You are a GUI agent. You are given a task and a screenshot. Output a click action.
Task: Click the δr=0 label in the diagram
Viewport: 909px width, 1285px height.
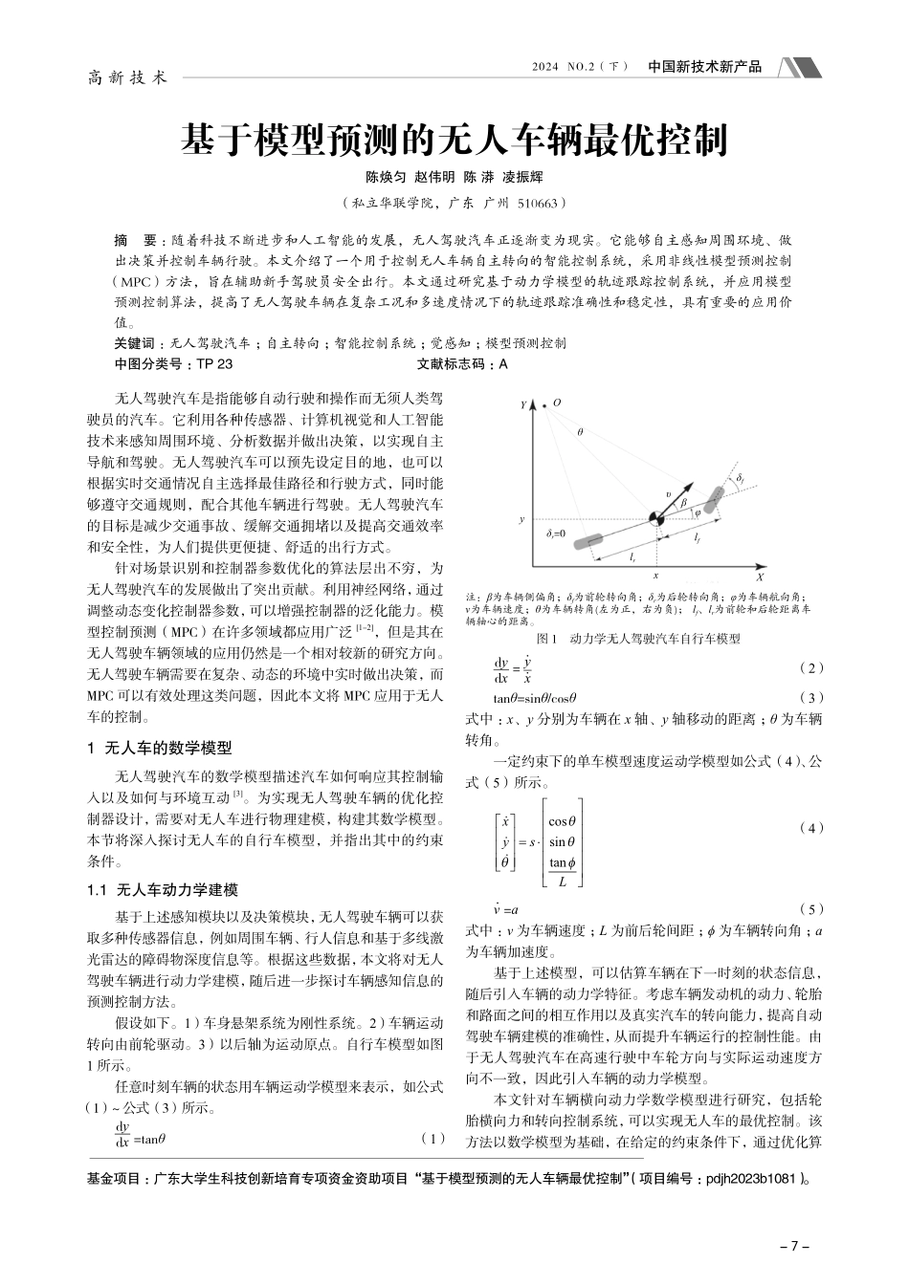point(556,533)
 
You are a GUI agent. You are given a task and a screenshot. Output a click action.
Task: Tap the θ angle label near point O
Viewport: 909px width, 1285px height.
point(579,432)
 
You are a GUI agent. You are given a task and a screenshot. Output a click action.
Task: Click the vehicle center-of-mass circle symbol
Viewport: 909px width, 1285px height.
point(654,519)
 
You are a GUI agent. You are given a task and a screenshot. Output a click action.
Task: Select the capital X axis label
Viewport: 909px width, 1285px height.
point(759,578)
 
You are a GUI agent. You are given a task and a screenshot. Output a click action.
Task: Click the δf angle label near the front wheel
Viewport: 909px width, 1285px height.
point(742,475)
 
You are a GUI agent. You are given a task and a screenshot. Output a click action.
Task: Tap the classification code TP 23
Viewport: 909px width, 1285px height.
point(214,364)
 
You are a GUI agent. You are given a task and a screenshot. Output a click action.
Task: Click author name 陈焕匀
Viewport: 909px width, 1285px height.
point(386,178)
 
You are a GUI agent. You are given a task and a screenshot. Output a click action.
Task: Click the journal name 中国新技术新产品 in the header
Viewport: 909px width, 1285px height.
point(704,67)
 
